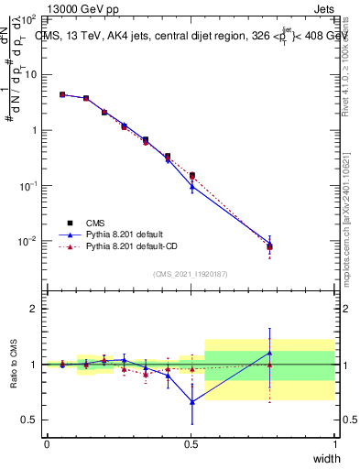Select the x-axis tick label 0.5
tap(191, 445)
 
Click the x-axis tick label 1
tap(334, 445)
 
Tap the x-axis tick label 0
tap(47, 445)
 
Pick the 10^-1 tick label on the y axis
tap(27, 186)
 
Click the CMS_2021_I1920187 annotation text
tap(191, 274)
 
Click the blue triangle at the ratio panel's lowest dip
tap(191, 401)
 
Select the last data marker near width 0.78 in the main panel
tap(269, 245)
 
